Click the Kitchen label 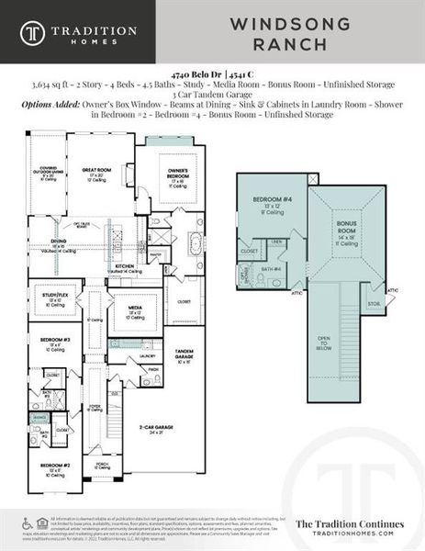pyautogui.click(x=126, y=267)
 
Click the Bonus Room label pyautogui.click(x=347, y=227)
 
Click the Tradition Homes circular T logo pyautogui.click(x=34, y=32)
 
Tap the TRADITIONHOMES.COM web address pyautogui.click(x=344, y=533)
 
